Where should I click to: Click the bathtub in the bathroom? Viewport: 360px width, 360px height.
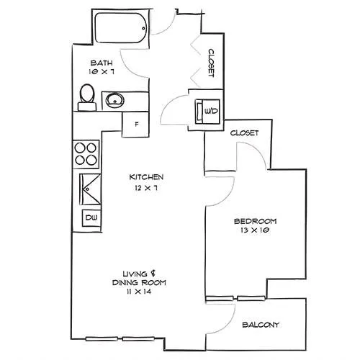point(121,28)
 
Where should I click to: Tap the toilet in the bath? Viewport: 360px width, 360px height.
point(87,97)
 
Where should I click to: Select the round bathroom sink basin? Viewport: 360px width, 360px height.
point(115,101)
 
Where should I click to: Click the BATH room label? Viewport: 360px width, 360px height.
point(102,63)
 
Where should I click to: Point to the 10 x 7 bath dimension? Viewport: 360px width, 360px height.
point(101,71)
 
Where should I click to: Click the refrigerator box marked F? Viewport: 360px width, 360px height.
point(135,125)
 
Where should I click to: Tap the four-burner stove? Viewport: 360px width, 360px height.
point(86,154)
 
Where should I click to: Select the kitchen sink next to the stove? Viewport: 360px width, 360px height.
point(90,189)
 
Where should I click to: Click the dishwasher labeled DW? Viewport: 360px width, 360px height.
point(91,218)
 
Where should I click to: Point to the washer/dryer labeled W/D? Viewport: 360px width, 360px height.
point(207,112)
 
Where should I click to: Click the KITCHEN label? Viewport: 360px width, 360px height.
point(146,177)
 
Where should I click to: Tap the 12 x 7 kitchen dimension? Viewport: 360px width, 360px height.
point(146,188)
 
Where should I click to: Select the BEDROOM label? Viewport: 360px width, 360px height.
point(255,221)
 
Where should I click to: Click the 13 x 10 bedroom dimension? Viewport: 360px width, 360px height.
point(255,230)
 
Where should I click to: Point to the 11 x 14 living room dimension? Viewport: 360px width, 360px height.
point(139,292)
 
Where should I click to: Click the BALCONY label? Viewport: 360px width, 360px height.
point(261,325)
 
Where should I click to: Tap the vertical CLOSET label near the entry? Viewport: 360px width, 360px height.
point(211,63)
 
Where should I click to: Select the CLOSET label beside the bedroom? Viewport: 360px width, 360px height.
point(244,132)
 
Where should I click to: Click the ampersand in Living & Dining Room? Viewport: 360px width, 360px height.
point(153,274)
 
